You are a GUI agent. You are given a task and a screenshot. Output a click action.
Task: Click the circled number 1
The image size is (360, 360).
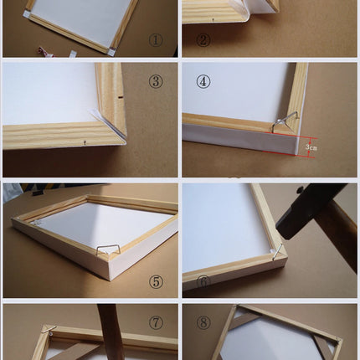[156, 40]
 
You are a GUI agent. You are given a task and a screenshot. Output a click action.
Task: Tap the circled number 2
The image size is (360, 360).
[203, 40]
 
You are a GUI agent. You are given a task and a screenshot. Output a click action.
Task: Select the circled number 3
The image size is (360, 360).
[156, 82]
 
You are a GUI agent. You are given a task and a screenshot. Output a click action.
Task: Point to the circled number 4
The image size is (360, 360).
[203, 82]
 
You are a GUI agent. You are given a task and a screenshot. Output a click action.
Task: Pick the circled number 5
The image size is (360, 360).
[156, 282]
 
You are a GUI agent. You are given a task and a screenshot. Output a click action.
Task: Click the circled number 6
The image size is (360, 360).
[203, 282]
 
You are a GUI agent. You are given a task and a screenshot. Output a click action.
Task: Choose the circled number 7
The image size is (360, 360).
[156, 323]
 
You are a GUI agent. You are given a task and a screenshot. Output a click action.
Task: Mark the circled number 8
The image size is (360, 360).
[203, 323]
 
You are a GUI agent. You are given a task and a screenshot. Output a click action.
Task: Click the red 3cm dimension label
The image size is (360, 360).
[311, 147]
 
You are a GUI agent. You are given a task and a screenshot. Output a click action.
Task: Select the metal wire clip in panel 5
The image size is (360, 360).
[108, 249]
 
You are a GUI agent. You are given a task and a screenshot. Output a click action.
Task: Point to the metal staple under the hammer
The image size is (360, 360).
[279, 252]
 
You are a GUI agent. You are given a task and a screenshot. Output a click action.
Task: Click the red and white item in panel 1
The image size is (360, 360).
[44, 51]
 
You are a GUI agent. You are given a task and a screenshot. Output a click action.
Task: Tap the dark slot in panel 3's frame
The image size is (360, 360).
[121, 97]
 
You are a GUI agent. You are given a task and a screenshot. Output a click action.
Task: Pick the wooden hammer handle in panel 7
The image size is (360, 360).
[111, 332]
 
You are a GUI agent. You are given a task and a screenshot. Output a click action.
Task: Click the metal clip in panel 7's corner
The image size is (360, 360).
[49, 329]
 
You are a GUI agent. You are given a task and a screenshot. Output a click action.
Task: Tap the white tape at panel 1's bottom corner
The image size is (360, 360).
[111, 51]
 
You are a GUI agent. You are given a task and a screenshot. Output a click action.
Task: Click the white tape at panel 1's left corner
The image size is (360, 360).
[27, 14]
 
